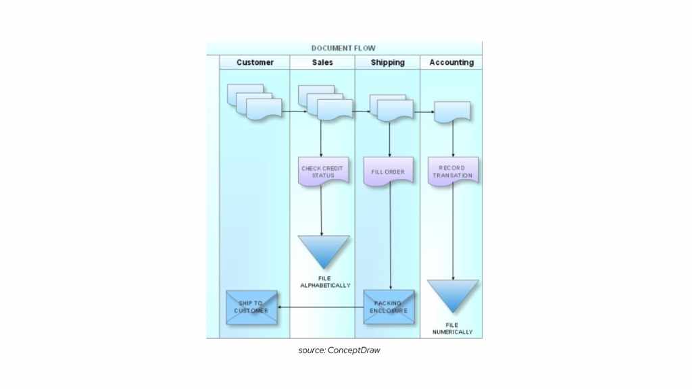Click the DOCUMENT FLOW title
[343, 49]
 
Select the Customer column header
[255, 63]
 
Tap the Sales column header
[322, 63]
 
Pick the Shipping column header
[387, 63]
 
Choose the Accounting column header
[451, 63]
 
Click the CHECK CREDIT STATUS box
[322, 172]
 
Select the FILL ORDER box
[388, 172]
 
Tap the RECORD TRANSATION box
[453, 172]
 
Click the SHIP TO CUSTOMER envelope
[251, 307]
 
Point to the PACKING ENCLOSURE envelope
[389, 307]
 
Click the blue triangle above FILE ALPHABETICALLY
[323, 249]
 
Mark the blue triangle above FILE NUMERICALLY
[453, 292]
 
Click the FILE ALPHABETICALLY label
[325, 282]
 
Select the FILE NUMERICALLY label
[453, 329]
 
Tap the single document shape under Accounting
[452, 111]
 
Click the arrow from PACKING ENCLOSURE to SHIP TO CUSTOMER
[321, 308]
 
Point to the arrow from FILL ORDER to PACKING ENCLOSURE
[390, 236]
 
